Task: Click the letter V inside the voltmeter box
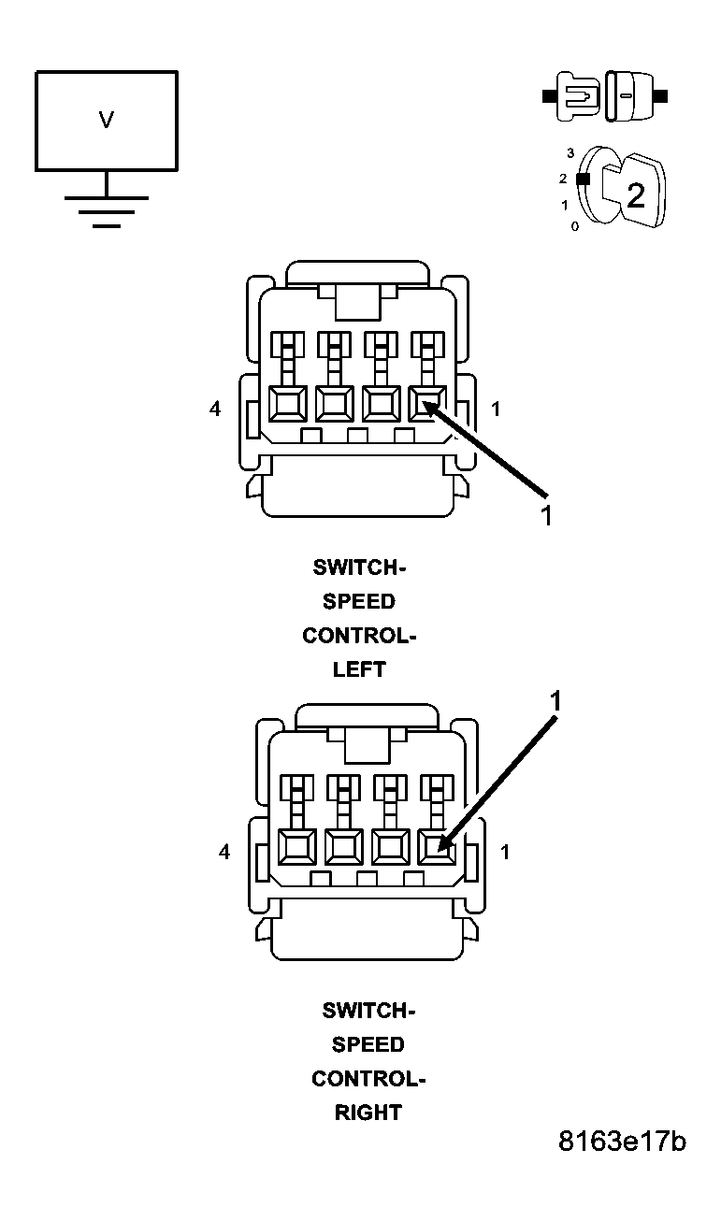click(x=107, y=120)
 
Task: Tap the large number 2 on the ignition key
click(x=636, y=194)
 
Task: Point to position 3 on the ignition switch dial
click(x=570, y=153)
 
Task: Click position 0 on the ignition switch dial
click(x=575, y=226)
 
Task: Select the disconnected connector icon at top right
click(x=605, y=96)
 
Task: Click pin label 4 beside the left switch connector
click(x=215, y=409)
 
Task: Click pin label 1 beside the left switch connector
click(x=496, y=409)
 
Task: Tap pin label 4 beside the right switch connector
click(x=224, y=852)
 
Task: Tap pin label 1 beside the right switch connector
click(x=505, y=852)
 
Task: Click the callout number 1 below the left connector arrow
click(x=546, y=515)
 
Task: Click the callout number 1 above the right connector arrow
click(x=555, y=701)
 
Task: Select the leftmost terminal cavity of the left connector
click(x=287, y=405)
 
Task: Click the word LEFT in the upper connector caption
click(x=359, y=669)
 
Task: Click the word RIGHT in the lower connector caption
click(x=368, y=1113)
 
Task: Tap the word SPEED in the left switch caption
click(x=359, y=601)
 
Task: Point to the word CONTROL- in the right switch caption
click(x=368, y=1078)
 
